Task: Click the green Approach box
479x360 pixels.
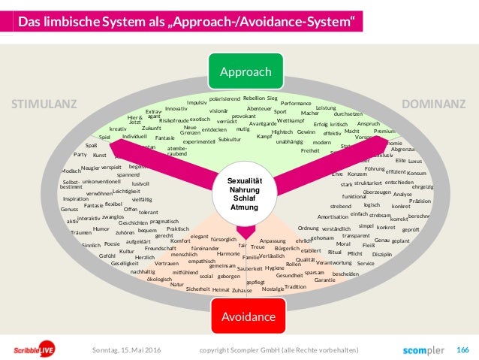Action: pyautogui.click(x=246, y=72)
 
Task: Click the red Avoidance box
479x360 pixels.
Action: pyautogui.click(x=245, y=317)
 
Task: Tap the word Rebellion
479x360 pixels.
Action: pyautogui.click(x=253, y=98)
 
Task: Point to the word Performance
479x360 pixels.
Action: pyautogui.click(x=296, y=103)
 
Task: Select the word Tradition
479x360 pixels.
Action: pyautogui.click(x=296, y=286)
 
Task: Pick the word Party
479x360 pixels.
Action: pyautogui.click(x=80, y=154)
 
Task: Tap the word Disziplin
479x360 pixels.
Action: pyautogui.click(x=382, y=255)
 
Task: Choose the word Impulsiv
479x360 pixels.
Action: pyautogui.click(x=197, y=102)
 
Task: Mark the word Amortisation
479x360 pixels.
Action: pyautogui.click(x=333, y=216)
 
